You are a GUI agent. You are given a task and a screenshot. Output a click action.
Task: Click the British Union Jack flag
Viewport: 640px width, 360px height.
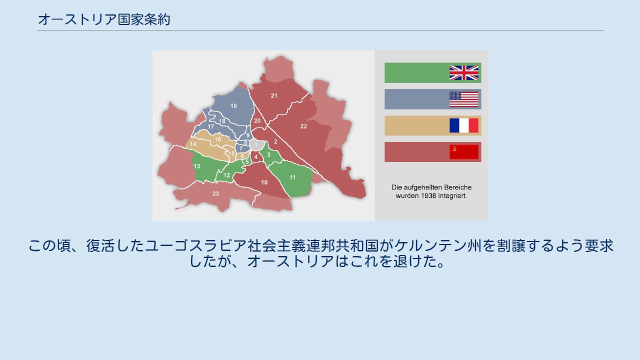tap(463, 73)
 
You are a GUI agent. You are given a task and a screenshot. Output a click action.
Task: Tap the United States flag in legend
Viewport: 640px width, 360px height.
tap(463, 99)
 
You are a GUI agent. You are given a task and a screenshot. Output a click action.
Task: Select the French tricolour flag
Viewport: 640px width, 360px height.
tap(463, 125)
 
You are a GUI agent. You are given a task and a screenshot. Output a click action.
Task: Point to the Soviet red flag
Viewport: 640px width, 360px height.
tap(463, 152)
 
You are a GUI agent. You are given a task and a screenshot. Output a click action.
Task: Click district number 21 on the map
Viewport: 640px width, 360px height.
tap(274, 95)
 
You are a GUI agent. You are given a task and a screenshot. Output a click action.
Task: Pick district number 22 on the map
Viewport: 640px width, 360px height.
tap(303, 126)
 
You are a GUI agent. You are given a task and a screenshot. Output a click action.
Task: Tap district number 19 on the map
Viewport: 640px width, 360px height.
tap(233, 106)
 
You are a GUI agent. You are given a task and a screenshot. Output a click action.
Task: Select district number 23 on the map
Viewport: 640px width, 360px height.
tap(215, 193)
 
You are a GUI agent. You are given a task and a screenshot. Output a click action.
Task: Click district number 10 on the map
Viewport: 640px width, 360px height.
tap(264, 182)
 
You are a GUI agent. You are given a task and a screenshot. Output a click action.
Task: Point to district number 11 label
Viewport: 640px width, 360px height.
tap(292, 177)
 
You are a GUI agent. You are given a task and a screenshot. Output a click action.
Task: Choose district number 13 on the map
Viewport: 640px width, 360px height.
tap(197, 166)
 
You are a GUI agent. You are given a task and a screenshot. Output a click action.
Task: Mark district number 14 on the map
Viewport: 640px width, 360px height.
tap(193, 144)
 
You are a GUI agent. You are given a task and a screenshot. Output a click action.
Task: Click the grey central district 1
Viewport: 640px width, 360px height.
tap(255, 145)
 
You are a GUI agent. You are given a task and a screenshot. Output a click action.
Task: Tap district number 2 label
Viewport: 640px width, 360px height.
tap(275, 142)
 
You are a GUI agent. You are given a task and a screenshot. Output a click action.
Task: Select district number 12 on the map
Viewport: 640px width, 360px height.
tap(227, 175)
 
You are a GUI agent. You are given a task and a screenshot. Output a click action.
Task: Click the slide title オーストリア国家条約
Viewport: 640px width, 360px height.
tap(104, 19)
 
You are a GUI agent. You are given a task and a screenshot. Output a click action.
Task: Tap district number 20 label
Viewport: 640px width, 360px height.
tap(257, 121)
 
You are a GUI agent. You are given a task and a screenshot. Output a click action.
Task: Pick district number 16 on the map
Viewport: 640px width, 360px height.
tap(217, 139)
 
